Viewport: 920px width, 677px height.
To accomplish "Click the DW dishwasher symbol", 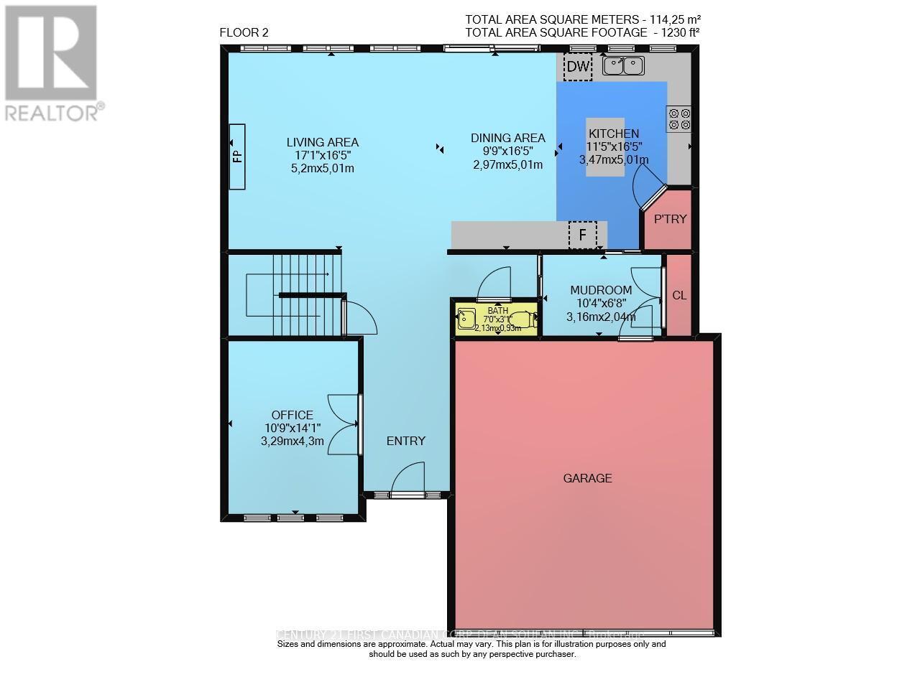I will pyautogui.click(x=578, y=67).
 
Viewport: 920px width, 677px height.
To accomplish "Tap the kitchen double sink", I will pyautogui.click(x=623, y=66).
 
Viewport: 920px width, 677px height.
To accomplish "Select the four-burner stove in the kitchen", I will pyautogui.click(x=679, y=118).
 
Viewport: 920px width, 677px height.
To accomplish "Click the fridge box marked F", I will pyautogui.click(x=582, y=235).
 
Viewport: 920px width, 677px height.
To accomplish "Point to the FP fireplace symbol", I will pyautogui.click(x=237, y=157).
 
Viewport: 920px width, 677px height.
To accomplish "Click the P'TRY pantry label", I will pyautogui.click(x=670, y=219).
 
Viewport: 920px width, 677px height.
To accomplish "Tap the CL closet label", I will pyautogui.click(x=678, y=295).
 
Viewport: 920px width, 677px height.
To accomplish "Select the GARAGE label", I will pyautogui.click(x=587, y=477).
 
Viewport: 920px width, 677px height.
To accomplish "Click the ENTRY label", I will pyautogui.click(x=406, y=441).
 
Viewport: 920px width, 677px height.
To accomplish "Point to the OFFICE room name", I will pyautogui.click(x=292, y=415).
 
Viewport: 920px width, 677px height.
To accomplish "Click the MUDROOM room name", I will pyautogui.click(x=601, y=290).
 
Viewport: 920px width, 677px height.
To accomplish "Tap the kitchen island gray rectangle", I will pyautogui.click(x=604, y=147).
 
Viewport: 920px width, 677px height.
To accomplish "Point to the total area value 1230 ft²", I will pyautogui.click(x=676, y=32).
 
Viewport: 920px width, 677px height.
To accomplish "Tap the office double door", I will pyautogui.click(x=344, y=424).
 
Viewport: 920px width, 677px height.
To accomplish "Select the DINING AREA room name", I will pyautogui.click(x=507, y=138).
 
